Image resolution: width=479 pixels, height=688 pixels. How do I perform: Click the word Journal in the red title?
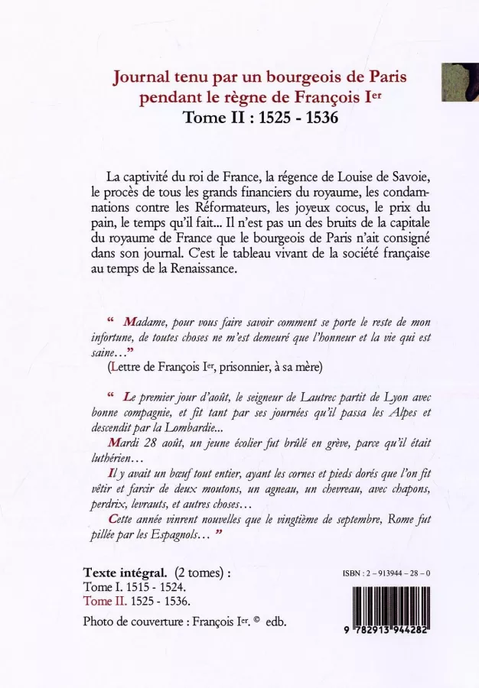pyautogui.click(x=140, y=77)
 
